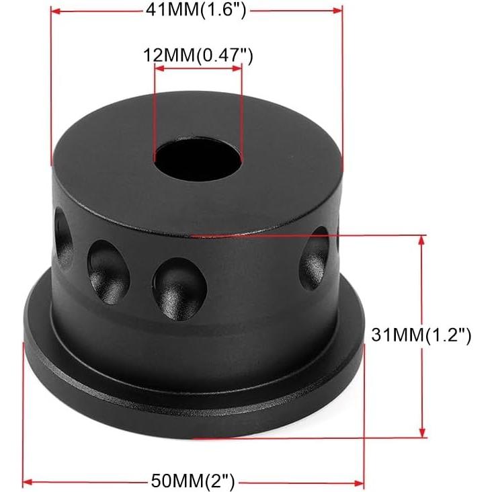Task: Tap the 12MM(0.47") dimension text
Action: click(x=198, y=56)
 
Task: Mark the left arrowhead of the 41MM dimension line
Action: click(x=55, y=11)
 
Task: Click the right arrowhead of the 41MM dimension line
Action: click(x=339, y=11)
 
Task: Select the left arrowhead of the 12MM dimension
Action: click(x=158, y=68)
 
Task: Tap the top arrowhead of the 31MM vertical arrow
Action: click(x=422, y=239)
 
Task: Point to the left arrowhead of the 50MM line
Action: click(x=28, y=481)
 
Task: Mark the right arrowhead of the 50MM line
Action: click(x=360, y=481)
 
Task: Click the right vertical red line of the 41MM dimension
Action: click(x=343, y=81)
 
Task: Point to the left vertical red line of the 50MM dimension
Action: click(x=25, y=417)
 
